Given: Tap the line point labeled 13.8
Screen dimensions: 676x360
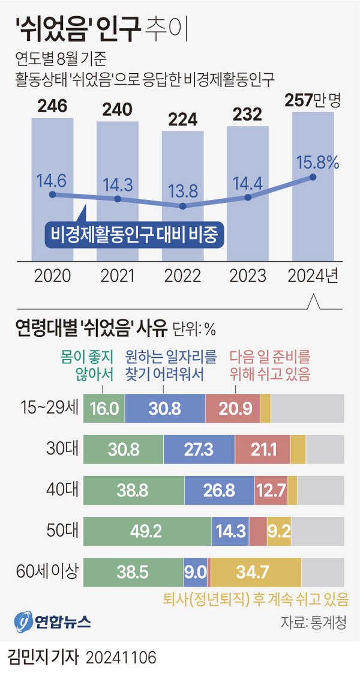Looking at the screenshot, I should [x=183, y=206].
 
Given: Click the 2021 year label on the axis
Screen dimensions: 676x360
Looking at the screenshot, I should [x=118, y=276].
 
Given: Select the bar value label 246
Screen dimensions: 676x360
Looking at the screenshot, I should [x=52, y=107].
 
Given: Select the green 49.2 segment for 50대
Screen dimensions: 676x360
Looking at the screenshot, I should [x=147, y=531].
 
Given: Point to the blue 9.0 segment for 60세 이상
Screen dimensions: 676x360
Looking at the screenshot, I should [x=195, y=572].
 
